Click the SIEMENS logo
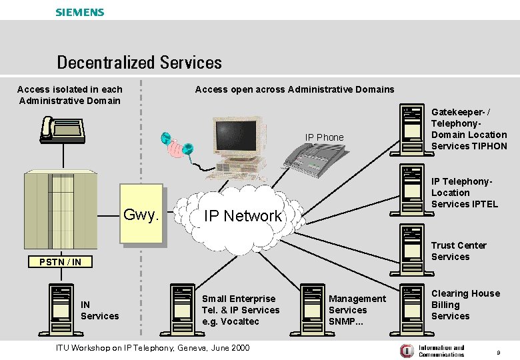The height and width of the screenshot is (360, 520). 80,12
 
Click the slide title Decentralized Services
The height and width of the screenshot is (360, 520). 139,63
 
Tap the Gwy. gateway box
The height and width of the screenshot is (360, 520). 141,215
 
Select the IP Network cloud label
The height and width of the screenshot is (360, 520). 243,216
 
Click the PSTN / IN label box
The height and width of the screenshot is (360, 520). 59,262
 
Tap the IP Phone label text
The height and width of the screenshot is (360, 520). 324,137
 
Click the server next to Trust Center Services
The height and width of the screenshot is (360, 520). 412,250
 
